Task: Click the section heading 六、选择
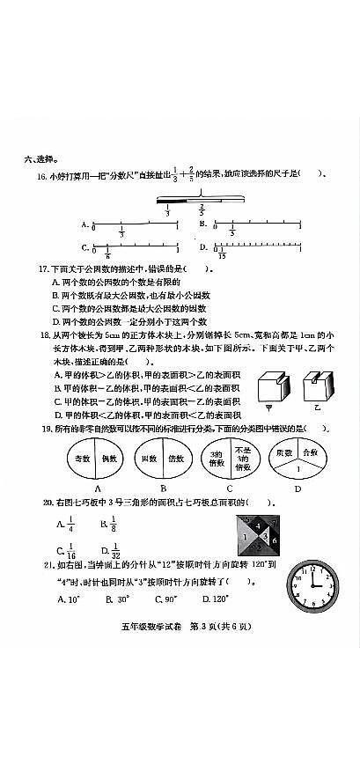41,159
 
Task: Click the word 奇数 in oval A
83,459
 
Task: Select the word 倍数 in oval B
175,459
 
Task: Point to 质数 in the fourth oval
284,452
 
